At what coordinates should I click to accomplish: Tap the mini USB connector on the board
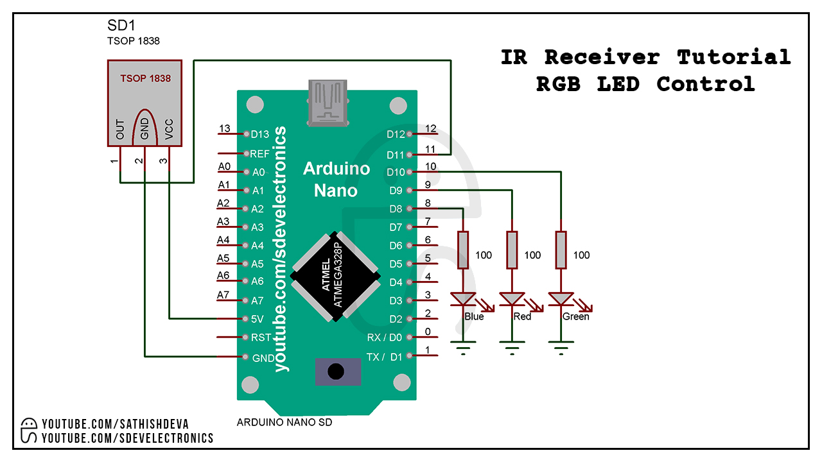pos(329,101)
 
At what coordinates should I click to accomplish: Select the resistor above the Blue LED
pos(462,250)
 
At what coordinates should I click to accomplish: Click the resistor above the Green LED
pos(561,250)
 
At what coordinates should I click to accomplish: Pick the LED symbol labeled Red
pos(512,300)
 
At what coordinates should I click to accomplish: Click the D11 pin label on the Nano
pos(396,155)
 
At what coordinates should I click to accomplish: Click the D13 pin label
pos(260,134)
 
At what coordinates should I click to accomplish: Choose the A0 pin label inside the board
pos(258,172)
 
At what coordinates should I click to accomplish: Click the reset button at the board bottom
pos(335,372)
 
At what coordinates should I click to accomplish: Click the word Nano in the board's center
pos(336,191)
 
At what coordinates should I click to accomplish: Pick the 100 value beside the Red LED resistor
pos(532,255)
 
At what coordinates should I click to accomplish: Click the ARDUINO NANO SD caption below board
pos(284,422)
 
